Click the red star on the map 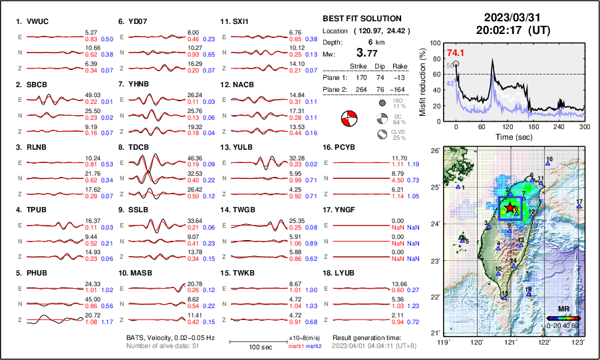510,208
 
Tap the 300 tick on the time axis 584,126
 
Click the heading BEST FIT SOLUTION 362,19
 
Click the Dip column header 379,66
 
